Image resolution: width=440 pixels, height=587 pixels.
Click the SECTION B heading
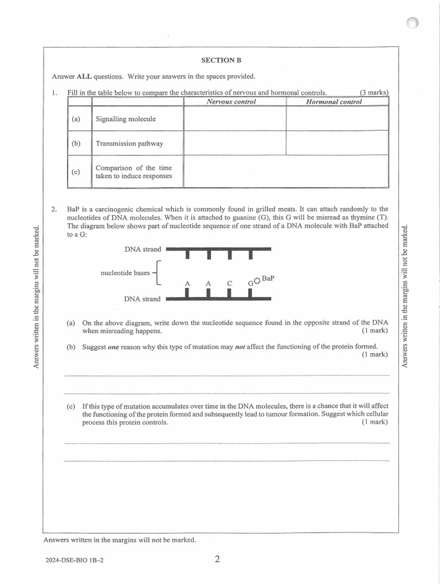pyautogui.click(x=218, y=60)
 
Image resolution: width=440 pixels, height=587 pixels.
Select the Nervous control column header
pyautogui.click(x=231, y=101)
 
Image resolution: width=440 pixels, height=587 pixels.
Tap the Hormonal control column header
pyautogui.click(x=334, y=101)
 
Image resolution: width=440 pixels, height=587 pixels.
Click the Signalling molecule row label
pyautogui.click(x=125, y=119)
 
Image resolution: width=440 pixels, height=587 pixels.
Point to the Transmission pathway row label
pyautogui.click(x=129, y=144)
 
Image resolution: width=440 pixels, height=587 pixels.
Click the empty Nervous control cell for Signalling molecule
pyautogui.click(x=234, y=119)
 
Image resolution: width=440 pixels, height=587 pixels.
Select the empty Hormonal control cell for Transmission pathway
pyautogui.click(x=337, y=143)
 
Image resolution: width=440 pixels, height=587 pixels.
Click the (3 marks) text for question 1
pyautogui.click(x=374, y=92)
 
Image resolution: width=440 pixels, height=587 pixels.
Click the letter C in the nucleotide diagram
pyautogui.click(x=229, y=283)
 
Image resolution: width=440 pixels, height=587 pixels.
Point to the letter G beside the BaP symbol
pyautogui.click(x=250, y=283)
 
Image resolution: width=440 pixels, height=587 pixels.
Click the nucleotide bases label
pyautogui.click(x=125, y=273)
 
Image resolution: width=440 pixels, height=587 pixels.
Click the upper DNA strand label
pyautogui.click(x=143, y=249)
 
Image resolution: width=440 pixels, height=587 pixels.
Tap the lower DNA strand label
pyautogui.click(x=143, y=299)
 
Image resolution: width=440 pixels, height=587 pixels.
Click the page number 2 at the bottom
pyautogui.click(x=217, y=559)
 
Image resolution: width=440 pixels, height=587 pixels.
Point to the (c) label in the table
pyautogui.click(x=76, y=172)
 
